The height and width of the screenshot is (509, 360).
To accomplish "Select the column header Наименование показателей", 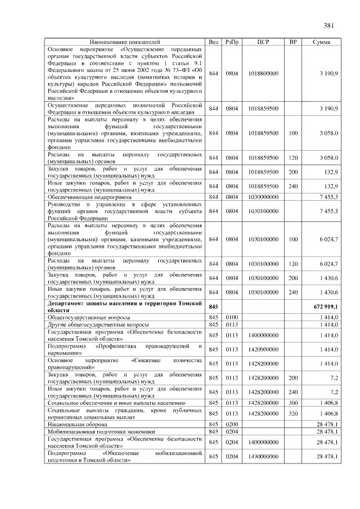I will pos(124,42).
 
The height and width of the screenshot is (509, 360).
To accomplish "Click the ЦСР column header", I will pos(264,42).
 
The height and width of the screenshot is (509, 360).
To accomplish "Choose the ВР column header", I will pos(292,42).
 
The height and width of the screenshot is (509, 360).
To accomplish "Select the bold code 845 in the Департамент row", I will pos(213,307).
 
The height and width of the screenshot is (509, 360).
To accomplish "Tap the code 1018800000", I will pos(263,74).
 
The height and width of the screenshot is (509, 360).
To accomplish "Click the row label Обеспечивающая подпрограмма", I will pos(89,197).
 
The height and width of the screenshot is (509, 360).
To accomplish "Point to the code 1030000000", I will pos(263,197).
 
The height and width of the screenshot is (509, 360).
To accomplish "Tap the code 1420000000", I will pos(263,349).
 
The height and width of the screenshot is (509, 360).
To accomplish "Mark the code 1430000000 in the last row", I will pos(263,457).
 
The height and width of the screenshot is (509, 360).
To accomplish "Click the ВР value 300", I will pos(292,403).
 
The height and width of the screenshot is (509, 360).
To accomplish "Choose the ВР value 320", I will pos(292,413).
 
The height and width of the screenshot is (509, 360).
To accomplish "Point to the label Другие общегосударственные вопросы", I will pos(98,325).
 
